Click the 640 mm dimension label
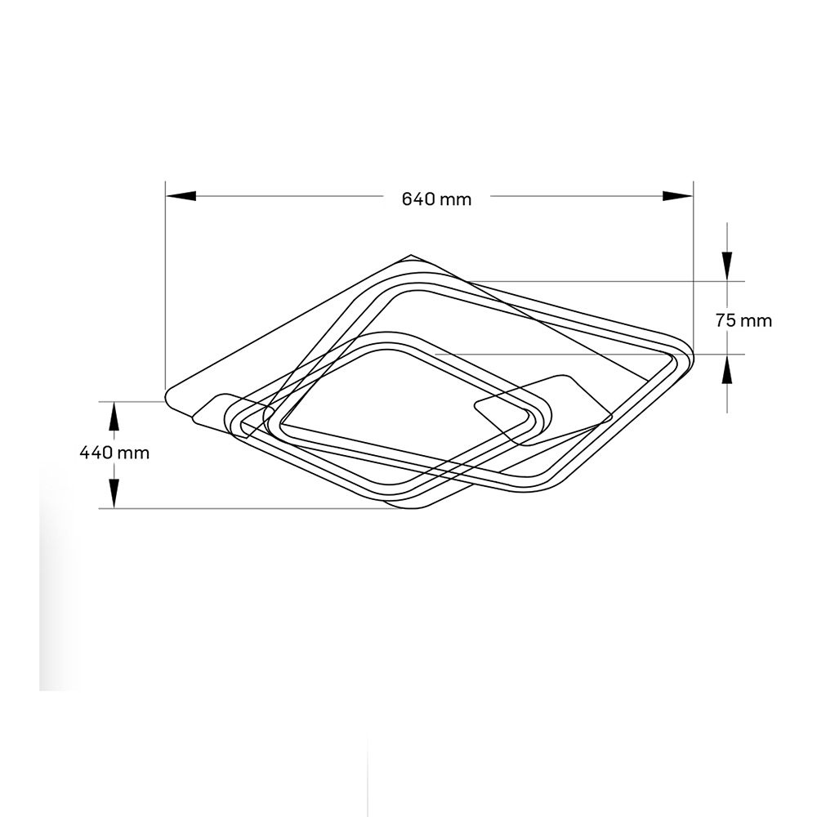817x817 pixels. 436,199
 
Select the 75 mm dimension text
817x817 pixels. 743,320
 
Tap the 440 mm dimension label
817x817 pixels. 114,453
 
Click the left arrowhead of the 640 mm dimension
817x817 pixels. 181,196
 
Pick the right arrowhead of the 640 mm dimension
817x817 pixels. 678,196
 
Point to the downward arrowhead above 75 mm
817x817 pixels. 727,266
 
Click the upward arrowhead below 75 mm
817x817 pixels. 727,369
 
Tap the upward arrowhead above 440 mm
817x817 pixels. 114,417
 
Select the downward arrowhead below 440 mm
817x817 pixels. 114,493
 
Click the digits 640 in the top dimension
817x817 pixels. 418,199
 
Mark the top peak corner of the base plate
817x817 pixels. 411,255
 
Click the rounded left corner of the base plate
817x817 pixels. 167,399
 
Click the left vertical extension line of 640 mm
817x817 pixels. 165,285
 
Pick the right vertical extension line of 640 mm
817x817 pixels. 694,266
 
